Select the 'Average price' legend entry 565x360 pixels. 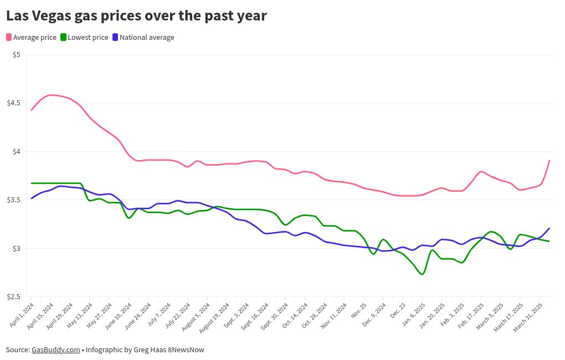(x=32, y=38)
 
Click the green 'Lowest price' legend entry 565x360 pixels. (x=84, y=38)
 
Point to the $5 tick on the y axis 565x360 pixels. (x=17, y=54)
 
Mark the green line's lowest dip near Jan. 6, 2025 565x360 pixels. (x=423, y=274)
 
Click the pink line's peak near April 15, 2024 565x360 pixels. (x=51, y=95)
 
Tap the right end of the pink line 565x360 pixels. (x=549, y=161)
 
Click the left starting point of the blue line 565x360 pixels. (x=32, y=198)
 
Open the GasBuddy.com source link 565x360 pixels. (x=56, y=350)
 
